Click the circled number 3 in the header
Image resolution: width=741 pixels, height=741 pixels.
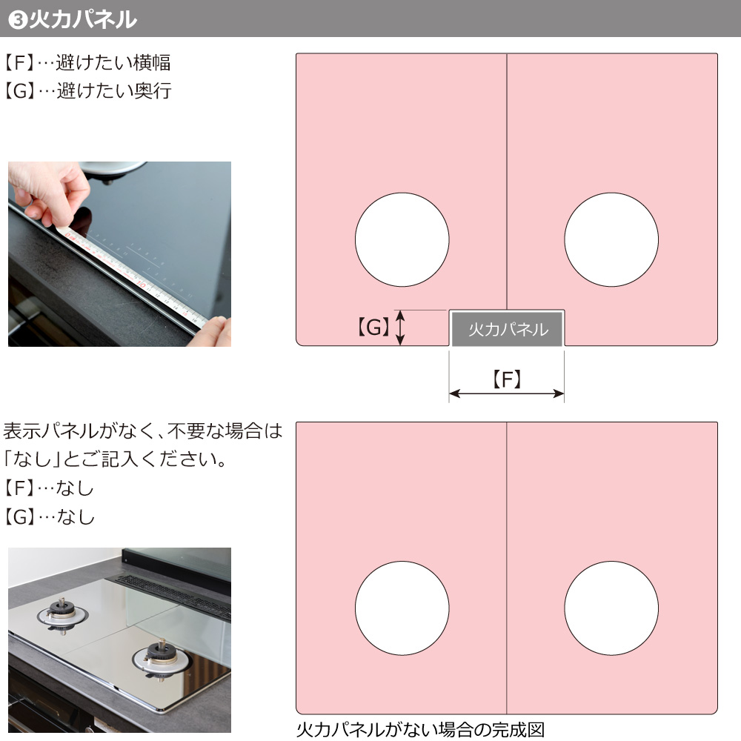coord(18,19)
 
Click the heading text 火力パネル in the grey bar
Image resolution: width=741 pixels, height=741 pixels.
coord(83,19)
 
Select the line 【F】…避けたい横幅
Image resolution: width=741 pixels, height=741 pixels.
coord(87,62)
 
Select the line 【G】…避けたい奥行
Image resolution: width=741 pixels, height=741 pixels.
coord(87,90)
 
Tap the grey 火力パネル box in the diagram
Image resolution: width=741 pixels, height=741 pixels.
coord(508,328)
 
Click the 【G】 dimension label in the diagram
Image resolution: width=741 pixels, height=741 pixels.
coord(373,327)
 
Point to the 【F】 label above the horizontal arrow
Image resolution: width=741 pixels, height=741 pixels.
coord(507,379)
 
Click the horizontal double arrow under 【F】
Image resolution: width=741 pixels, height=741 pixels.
coord(507,393)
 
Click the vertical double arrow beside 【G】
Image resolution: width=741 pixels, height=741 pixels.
coord(400,328)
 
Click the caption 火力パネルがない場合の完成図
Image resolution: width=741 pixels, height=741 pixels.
coord(421,730)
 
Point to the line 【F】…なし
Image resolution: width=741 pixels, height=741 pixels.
coord(49,488)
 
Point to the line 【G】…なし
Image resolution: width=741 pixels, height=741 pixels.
coord(49,516)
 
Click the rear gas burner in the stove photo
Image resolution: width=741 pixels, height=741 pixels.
coord(62,614)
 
